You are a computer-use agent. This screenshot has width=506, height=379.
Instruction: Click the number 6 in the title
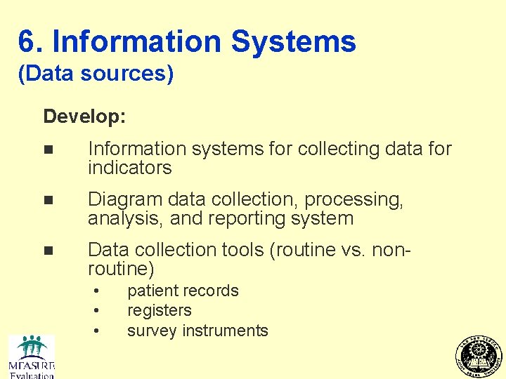[x=27, y=42]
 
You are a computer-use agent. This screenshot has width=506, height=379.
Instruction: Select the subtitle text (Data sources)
[x=96, y=74]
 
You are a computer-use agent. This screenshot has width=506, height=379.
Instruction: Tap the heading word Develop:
[x=84, y=116]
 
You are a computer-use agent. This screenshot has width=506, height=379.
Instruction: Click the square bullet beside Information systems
[x=47, y=149]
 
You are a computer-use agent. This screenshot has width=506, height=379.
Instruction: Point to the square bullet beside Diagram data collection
[x=47, y=200]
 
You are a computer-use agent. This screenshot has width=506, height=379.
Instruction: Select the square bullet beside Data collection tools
[x=47, y=251]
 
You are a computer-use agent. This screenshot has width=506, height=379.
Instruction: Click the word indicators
[x=130, y=168]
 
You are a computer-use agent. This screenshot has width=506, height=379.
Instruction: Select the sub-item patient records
[x=183, y=291]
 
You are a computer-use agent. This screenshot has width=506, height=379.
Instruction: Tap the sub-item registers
[x=159, y=310]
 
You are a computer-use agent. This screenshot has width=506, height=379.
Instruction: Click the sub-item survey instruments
[x=197, y=331]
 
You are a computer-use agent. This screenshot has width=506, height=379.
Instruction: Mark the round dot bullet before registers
[x=96, y=310]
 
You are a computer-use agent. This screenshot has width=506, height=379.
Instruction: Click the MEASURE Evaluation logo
[x=31, y=357]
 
